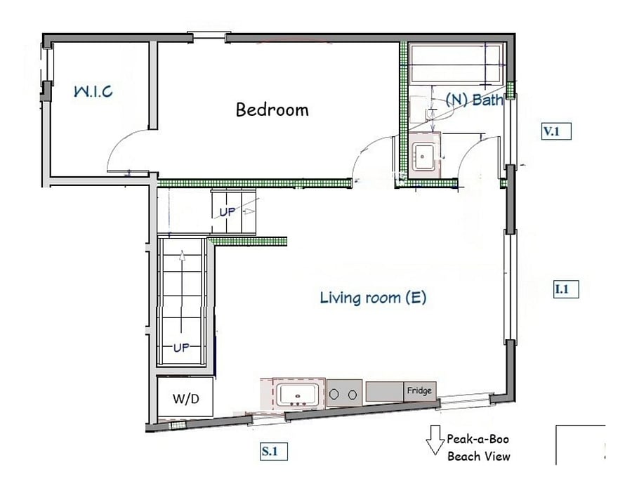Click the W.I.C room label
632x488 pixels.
click(93, 91)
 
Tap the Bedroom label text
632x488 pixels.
click(272, 110)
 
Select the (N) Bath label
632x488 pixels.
click(475, 99)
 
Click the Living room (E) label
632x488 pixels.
click(373, 298)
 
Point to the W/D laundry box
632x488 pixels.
click(185, 397)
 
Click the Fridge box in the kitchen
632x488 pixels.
click(420, 391)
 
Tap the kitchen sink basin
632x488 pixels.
click(298, 395)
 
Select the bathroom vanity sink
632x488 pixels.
click(424, 157)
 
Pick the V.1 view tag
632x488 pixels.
click(556, 131)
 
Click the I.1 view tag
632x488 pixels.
click(567, 289)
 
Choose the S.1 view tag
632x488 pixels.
click(274, 451)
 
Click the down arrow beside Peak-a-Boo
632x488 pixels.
click(435, 440)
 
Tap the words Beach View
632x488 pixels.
click(479, 456)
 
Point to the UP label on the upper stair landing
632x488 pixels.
click(228, 212)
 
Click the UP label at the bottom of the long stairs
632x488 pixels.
click(181, 348)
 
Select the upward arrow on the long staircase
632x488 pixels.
click(182, 291)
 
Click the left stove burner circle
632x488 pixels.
click(334, 394)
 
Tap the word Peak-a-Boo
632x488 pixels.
click(478, 439)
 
